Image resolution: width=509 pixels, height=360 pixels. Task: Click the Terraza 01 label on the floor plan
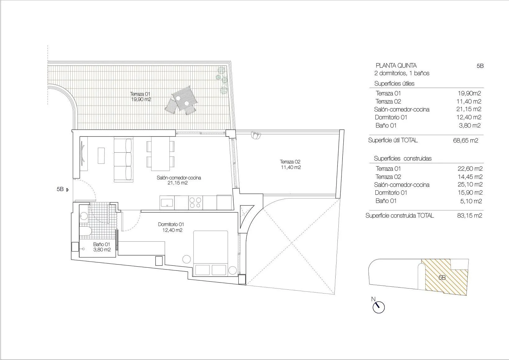tap(141, 97)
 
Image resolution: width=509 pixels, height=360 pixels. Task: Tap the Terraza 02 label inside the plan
tap(290, 164)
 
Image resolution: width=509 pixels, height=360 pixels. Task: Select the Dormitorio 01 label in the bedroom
tap(171, 227)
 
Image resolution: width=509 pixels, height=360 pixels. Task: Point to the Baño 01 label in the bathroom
tap(102, 247)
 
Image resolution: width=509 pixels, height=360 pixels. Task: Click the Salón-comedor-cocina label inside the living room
tap(178, 180)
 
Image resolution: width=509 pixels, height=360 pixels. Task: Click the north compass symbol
tap(378, 307)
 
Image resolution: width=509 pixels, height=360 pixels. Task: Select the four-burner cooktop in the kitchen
tap(195, 202)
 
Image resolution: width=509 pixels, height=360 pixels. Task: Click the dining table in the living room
tap(160, 154)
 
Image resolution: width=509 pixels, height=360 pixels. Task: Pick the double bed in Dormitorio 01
tap(211, 253)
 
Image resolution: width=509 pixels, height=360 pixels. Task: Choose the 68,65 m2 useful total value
tap(465, 141)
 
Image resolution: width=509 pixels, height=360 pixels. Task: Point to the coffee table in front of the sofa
tap(101, 155)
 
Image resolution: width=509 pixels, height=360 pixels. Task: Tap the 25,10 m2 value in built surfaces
tap(470, 185)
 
